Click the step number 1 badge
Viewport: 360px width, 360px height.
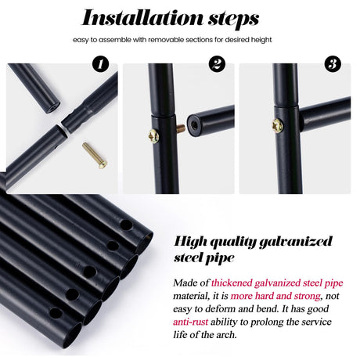click(100, 64)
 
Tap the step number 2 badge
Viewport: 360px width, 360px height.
click(217, 64)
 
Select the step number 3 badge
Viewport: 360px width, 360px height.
click(333, 64)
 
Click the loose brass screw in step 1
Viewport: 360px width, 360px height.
click(95, 155)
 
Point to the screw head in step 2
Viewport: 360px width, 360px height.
click(153, 136)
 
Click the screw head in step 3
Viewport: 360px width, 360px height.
click(277, 126)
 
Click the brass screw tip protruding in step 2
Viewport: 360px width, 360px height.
click(181, 128)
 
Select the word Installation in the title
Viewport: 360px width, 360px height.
click(142, 17)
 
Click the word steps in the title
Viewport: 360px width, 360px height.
click(233, 20)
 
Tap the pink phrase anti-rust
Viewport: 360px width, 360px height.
click(190, 322)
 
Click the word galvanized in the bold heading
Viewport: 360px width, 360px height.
click(296, 242)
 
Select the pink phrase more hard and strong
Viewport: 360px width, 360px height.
click(275, 296)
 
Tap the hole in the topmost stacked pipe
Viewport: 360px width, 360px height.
click(126, 225)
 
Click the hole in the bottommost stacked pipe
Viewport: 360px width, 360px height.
click(56, 313)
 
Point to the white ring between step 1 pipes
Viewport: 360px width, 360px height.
click(64, 129)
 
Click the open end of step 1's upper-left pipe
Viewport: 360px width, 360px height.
click(52, 108)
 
